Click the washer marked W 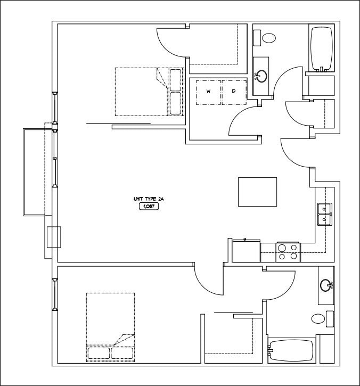click(x=208, y=91)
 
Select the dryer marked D click(x=233, y=91)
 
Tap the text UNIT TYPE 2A click(x=149, y=199)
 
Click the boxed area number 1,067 click(x=149, y=207)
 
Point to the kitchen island click(x=257, y=192)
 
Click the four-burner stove click(x=288, y=252)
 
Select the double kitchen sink click(x=324, y=213)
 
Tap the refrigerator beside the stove click(x=246, y=251)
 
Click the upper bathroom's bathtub click(x=321, y=49)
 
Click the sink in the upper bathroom click(x=261, y=76)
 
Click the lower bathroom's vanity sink click(x=326, y=286)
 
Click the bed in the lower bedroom click(x=110, y=327)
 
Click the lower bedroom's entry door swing click(x=209, y=277)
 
